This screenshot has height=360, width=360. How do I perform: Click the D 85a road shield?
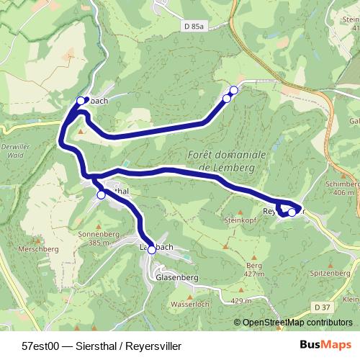[194, 27]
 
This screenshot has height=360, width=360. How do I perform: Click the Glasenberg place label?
[176, 277]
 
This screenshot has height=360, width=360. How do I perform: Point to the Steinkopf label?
[241, 220]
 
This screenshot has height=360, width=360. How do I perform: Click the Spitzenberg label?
[332, 274]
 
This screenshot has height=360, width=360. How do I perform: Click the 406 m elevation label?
[343, 193]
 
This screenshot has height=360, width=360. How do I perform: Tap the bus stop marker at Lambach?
[151, 250]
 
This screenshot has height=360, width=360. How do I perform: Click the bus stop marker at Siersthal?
[101, 194]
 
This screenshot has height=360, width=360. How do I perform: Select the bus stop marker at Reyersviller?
[292, 212]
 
